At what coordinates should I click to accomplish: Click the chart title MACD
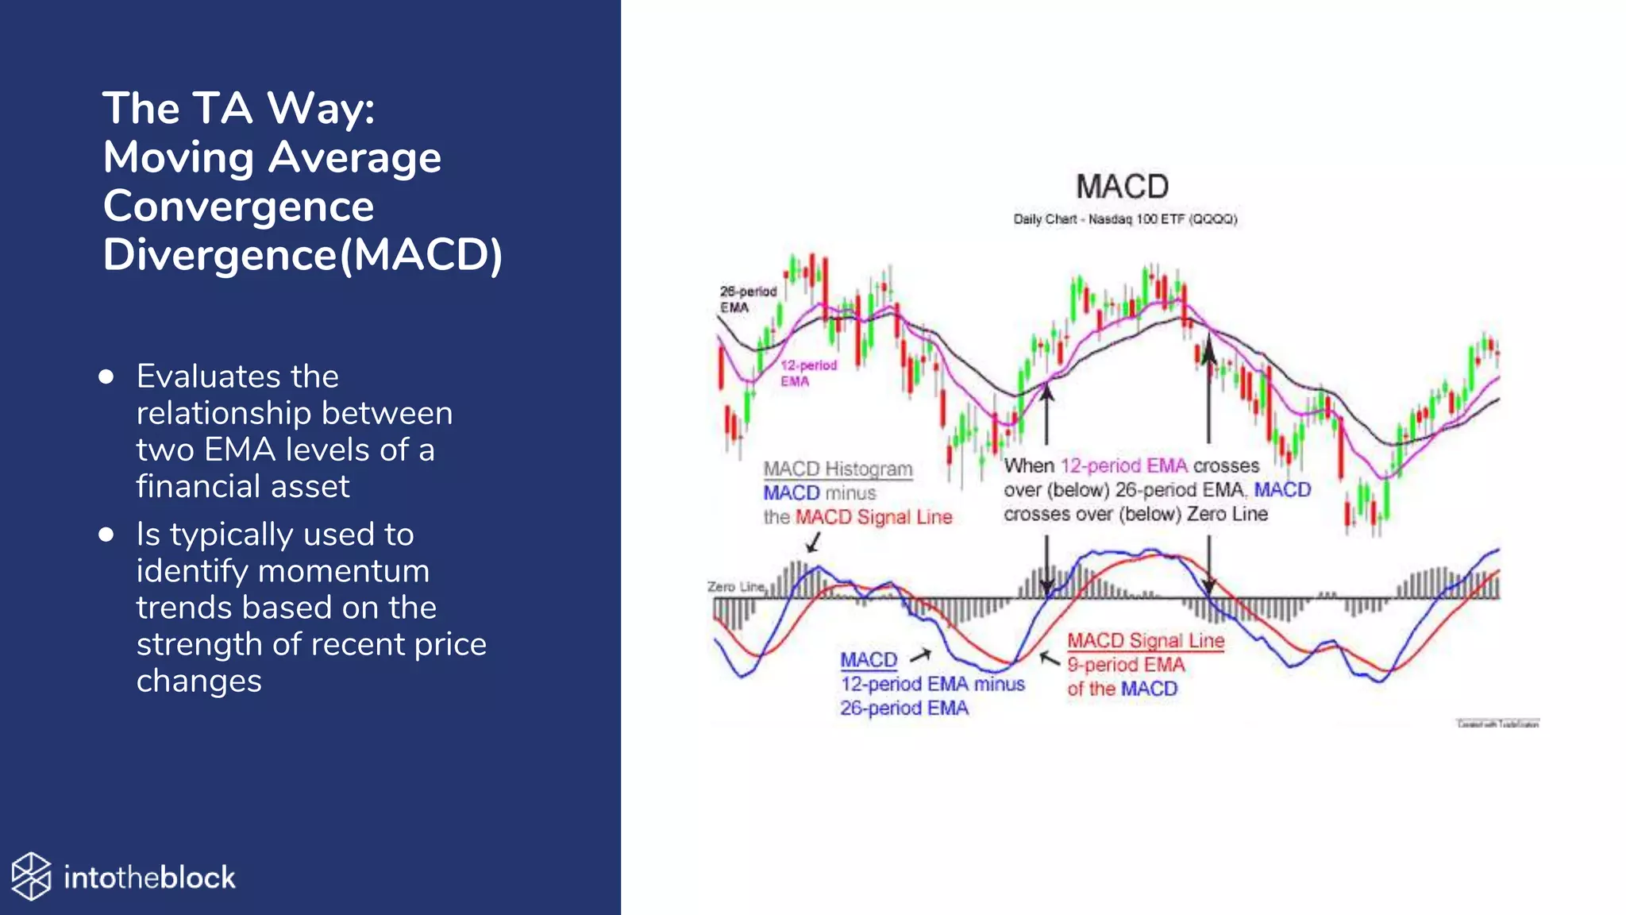(x=1122, y=187)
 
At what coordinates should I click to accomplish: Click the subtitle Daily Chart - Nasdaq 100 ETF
(x=1124, y=219)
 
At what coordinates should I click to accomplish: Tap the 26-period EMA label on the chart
(x=747, y=299)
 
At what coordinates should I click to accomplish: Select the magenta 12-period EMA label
(x=807, y=373)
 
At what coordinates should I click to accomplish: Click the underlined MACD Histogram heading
(x=838, y=469)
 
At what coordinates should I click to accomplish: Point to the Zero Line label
(x=735, y=587)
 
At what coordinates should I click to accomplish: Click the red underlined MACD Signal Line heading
(x=1145, y=641)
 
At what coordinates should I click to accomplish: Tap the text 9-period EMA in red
(x=1125, y=665)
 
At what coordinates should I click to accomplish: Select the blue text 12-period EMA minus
(x=932, y=684)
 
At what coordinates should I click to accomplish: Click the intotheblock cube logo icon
(x=32, y=877)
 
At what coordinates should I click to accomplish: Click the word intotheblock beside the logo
(x=149, y=878)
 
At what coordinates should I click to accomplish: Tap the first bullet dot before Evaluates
(x=106, y=376)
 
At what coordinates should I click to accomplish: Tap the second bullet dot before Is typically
(x=106, y=535)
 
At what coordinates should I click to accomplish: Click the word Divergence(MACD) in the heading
(x=302, y=255)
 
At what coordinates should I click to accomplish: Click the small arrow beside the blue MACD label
(x=920, y=656)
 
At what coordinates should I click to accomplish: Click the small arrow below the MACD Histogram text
(x=813, y=542)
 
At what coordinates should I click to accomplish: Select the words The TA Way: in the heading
(x=238, y=108)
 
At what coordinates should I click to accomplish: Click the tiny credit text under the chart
(x=1497, y=724)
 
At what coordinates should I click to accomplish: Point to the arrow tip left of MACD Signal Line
(x=1043, y=655)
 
